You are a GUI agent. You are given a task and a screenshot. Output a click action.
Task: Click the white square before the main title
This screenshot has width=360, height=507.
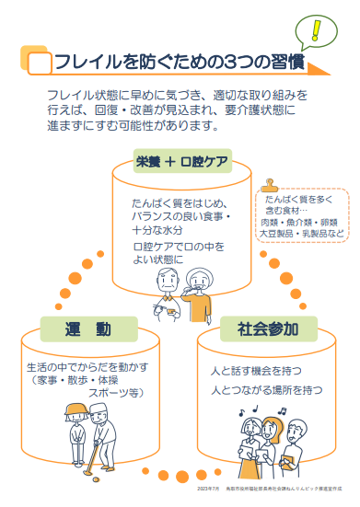point(39,63)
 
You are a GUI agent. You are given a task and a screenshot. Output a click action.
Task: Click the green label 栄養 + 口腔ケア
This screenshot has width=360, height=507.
point(180,162)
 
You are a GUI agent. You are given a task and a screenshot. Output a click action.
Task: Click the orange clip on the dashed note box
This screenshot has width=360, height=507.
point(269,185)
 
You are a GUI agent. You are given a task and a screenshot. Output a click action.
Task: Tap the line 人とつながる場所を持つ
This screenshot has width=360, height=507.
point(265,390)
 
